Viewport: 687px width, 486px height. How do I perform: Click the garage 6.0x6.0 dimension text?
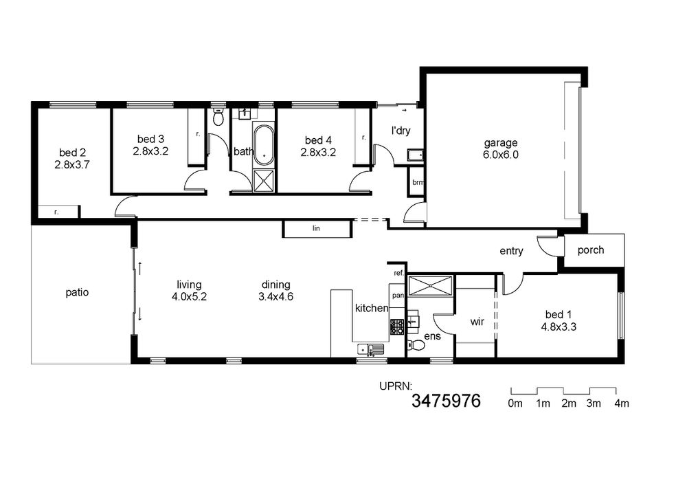pyautogui.click(x=500, y=155)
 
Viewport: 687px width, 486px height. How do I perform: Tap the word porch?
pyautogui.click(x=591, y=250)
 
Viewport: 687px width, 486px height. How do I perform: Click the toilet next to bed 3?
pyautogui.click(x=218, y=118)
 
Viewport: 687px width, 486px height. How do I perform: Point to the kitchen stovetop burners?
pyautogui.click(x=397, y=327)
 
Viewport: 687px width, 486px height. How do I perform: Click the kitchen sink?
pyautogui.click(x=371, y=349)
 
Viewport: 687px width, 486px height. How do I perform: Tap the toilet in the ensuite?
pyautogui.click(x=416, y=345)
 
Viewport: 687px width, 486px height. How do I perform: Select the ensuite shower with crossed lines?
pyautogui.click(x=430, y=286)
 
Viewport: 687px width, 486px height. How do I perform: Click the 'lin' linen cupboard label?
pyautogui.click(x=316, y=228)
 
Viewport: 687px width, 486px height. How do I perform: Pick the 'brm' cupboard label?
pyautogui.click(x=418, y=182)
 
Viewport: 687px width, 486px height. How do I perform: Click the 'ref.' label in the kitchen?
pyautogui.click(x=398, y=273)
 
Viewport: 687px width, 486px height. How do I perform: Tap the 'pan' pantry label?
pyautogui.click(x=398, y=296)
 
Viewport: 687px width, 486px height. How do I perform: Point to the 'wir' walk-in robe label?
pyautogui.click(x=477, y=322)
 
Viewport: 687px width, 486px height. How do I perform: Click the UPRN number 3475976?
pyautogui.click(x=446, y=401)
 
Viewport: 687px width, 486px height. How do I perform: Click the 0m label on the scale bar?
pyautogui.click(x=515, y=404)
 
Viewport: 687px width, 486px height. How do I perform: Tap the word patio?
pyautogui.click(x=77, y=292)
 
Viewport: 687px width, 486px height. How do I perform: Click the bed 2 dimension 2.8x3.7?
pyautogui.click(x=72, y=165)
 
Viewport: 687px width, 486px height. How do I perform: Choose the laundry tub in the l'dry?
pyautogui.click(x=416, y=155)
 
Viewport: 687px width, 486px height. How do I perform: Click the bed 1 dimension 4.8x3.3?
pyautogui.click(x=559, y=327)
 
